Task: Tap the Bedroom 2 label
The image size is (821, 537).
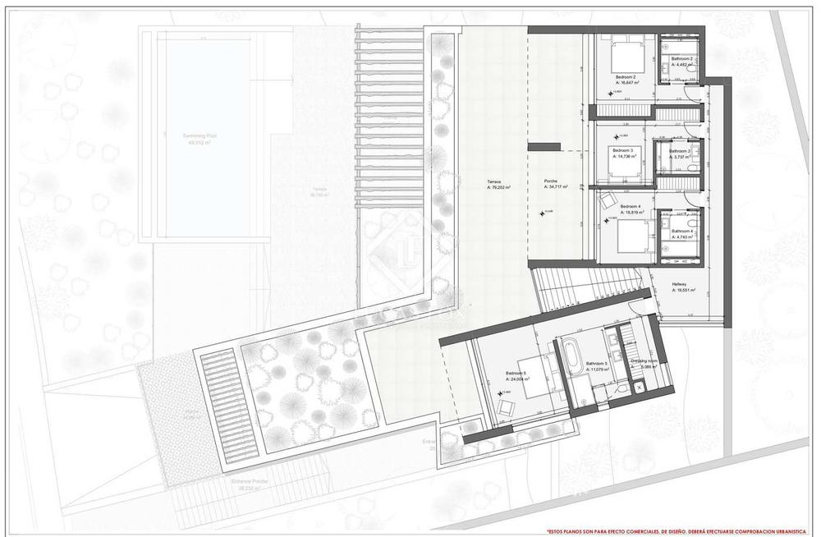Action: click(x=626, y=76)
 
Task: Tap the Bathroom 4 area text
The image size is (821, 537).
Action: click(x=683, y=236)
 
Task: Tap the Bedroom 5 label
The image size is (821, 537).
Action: click(x=517, y=374)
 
